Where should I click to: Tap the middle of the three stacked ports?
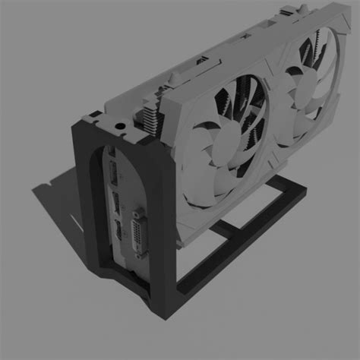(117, 203)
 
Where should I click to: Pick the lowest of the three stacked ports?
(119, 231)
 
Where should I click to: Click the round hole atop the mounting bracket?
(119, 124)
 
